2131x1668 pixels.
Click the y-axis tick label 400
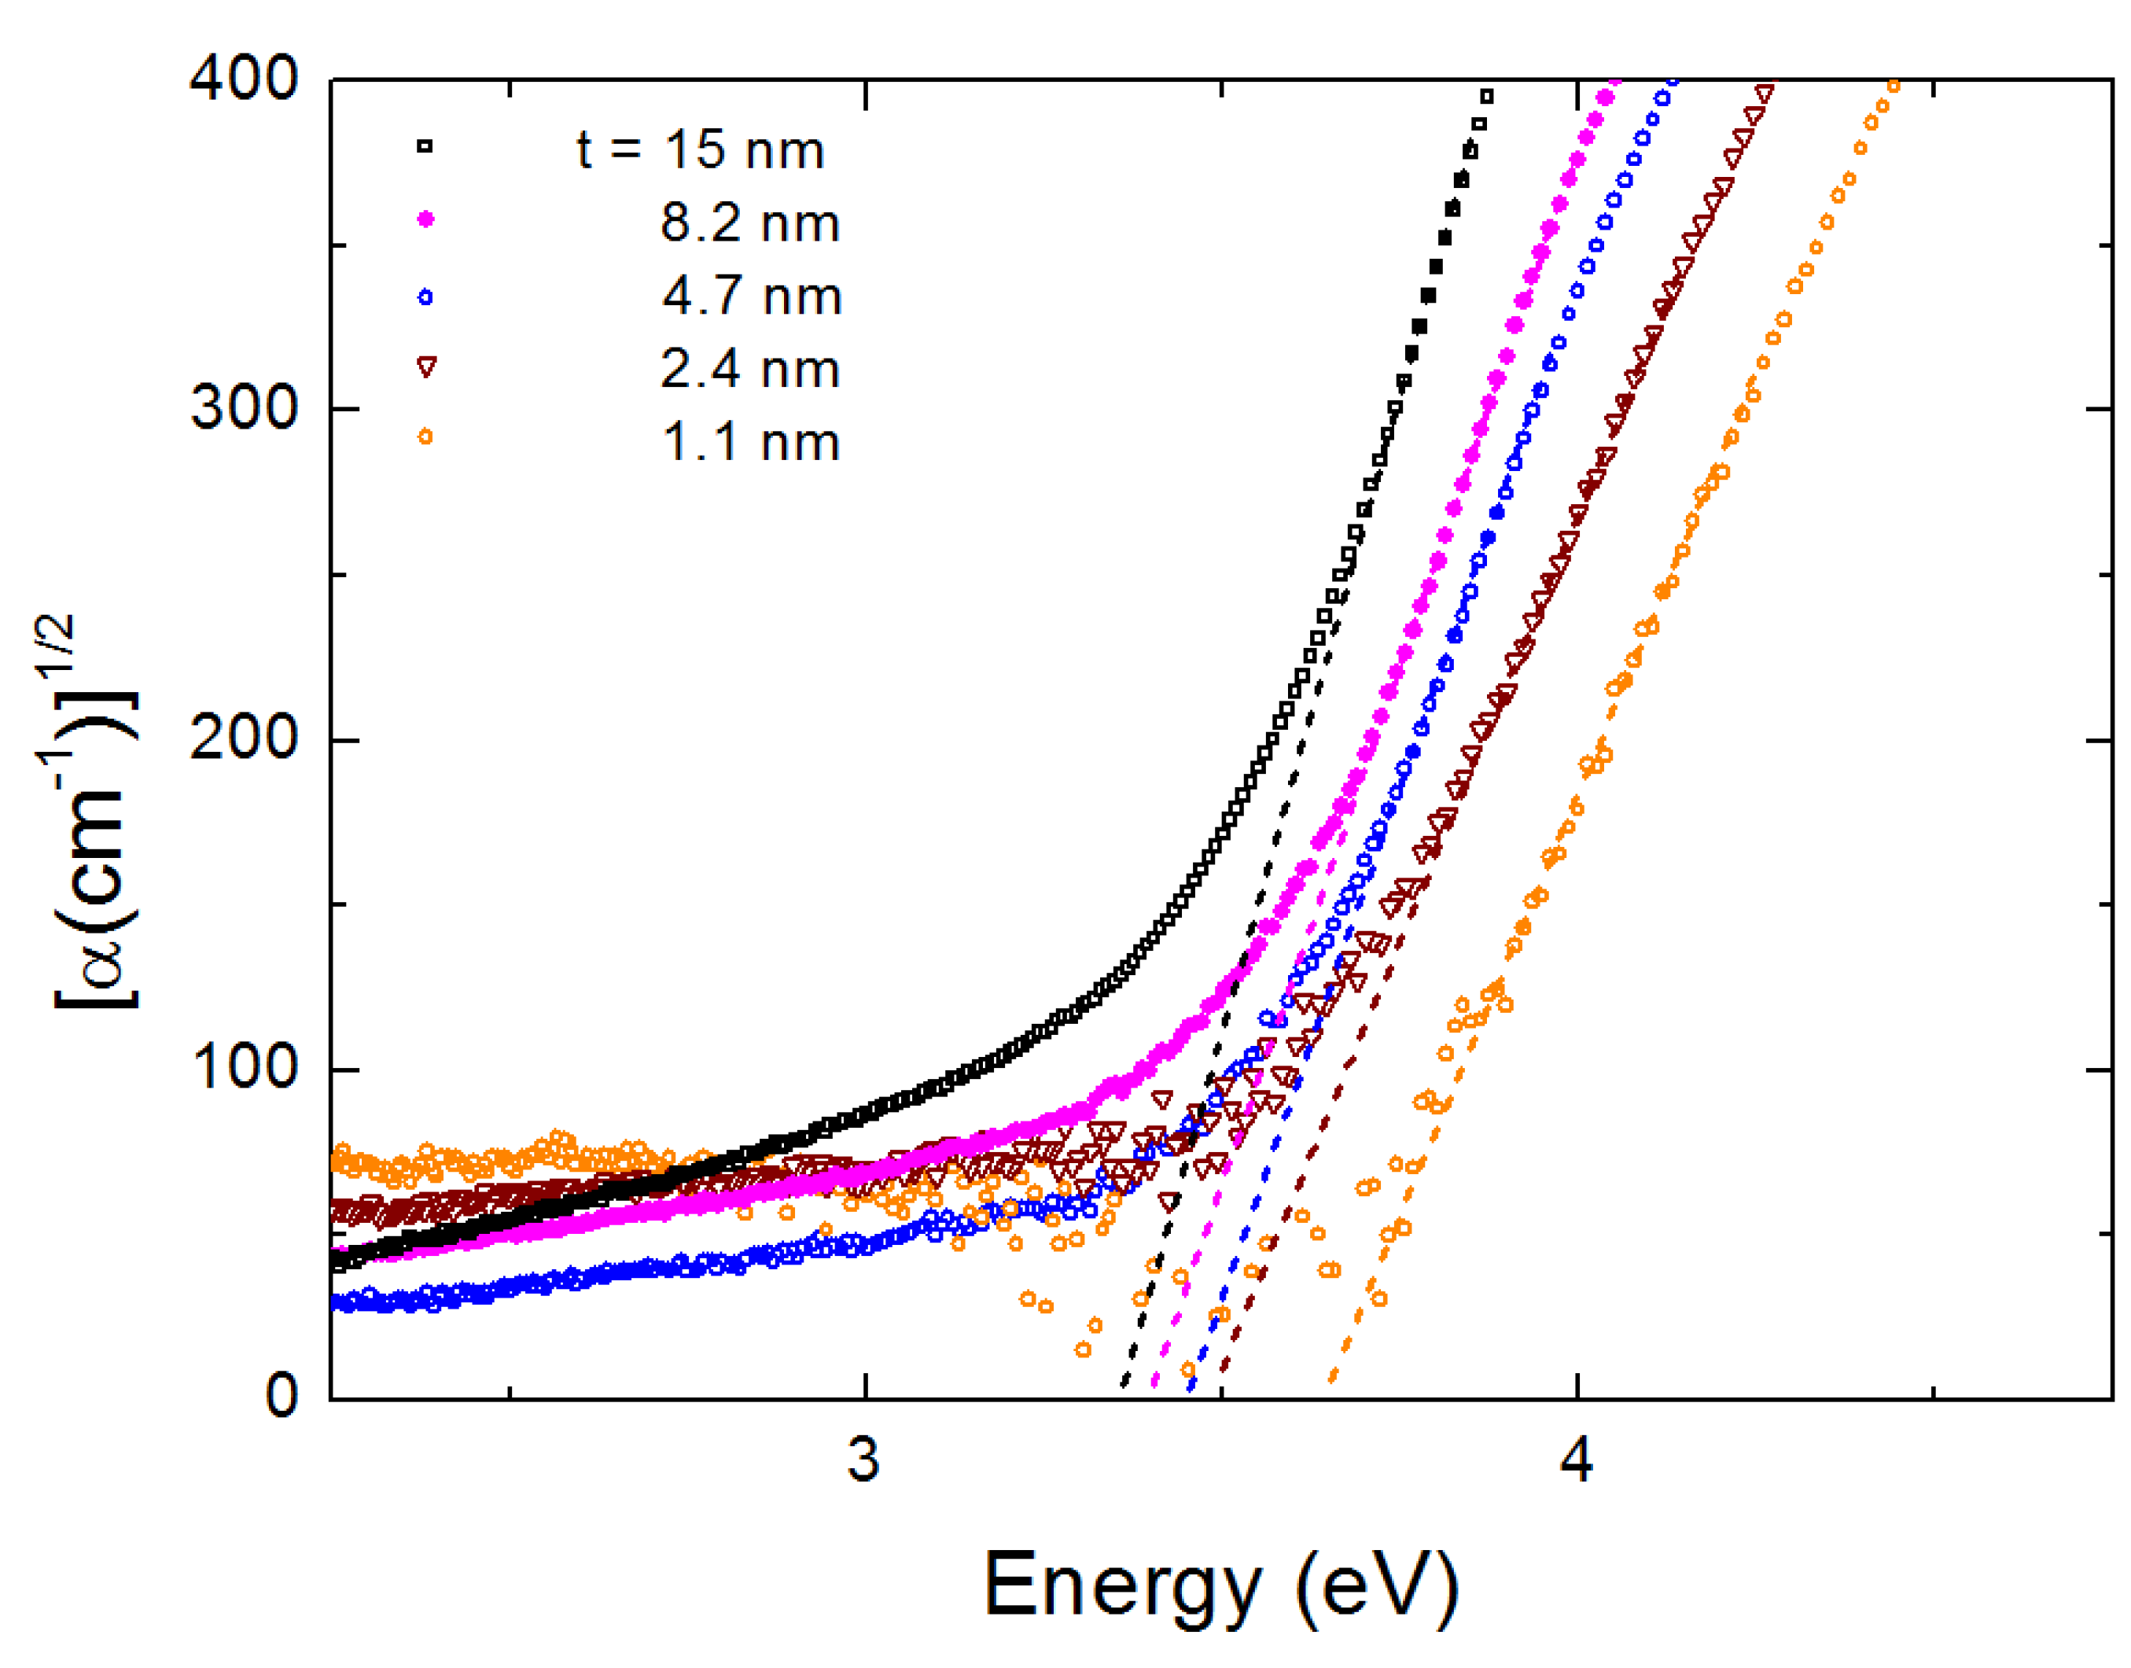[243, 78]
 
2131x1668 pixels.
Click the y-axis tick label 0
[282, 1397]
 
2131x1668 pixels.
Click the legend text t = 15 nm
[700, 150]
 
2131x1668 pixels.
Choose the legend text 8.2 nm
[750, 223]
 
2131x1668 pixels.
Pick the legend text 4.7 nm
[752, 296]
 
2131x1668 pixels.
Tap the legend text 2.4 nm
[750, 369]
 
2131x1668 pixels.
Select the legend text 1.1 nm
[751, 443]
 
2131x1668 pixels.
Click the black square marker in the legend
[425, 146]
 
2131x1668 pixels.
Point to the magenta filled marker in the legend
[425, 219]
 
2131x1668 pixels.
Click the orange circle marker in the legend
[425, 436]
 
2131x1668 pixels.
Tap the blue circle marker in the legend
[425, 297]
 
